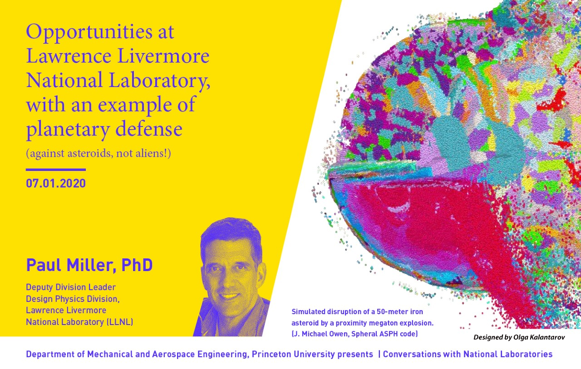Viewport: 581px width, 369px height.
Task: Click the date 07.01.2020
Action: [56, 183]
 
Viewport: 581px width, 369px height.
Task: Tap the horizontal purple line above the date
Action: [56, 170]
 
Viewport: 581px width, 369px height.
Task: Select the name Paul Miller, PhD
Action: [89, 265]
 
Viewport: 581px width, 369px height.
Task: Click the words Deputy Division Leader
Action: [71, 287]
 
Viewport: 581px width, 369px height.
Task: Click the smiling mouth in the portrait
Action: [229, 296]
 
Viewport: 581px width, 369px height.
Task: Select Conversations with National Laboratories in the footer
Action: [468, 354]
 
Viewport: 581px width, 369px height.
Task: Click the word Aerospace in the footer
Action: [173, 354]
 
